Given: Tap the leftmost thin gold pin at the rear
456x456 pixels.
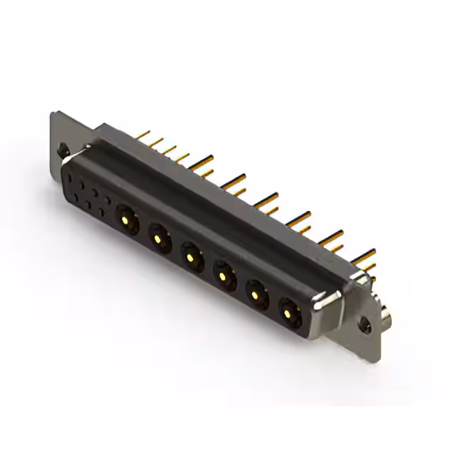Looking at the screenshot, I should pyautogui.click(x=141, y=133).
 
